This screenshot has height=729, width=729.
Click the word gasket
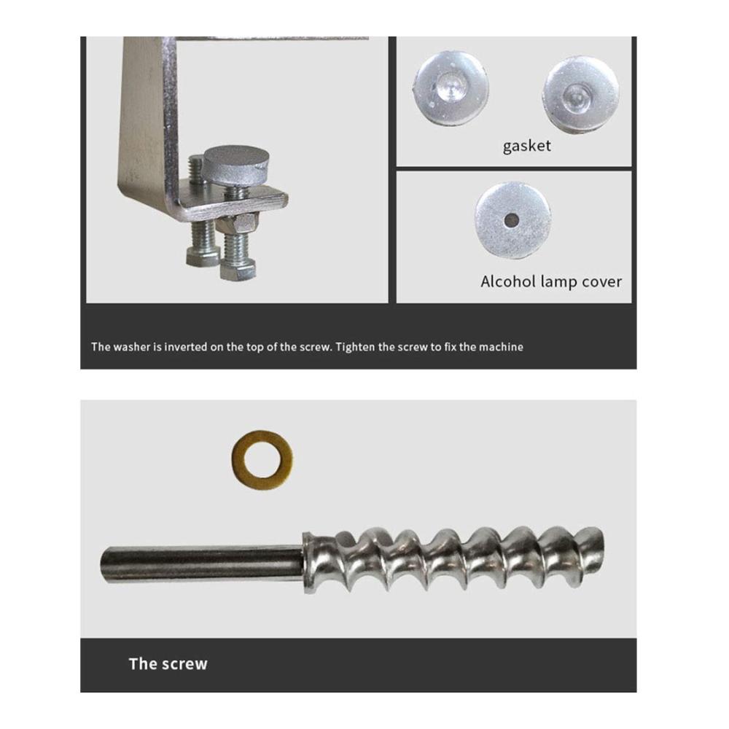point(527,146)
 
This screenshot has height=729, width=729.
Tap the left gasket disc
point(451,88)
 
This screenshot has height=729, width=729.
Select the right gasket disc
point(581,95)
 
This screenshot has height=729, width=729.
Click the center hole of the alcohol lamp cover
point(512,220)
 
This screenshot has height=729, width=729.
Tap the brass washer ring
point(262,455)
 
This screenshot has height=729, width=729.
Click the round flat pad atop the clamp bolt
point(237,163)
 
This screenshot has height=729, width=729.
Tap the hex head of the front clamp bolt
point(238,271)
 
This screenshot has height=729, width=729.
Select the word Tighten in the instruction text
point(355,347)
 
